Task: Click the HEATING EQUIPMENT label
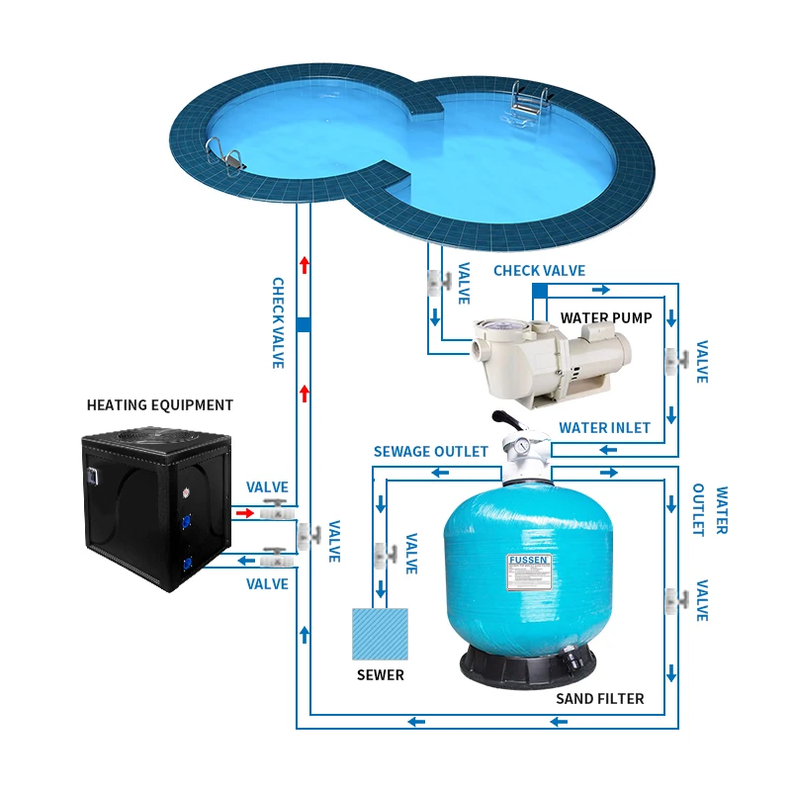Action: coord(160,405)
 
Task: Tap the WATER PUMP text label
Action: coord(606,318)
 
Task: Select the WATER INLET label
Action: coord(604,428)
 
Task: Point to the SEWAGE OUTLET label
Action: coord(430,452)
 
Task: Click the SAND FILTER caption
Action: coord(598,699)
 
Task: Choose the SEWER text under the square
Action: coord(380,675)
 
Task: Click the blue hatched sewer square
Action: coord(380,634)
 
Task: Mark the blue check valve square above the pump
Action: coord(540,290)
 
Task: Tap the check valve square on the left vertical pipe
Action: coord(304,324)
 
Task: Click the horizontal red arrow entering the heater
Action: coord(242,513)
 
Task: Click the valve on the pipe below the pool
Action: coord(435,283)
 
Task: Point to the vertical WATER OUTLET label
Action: coord(711,510)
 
